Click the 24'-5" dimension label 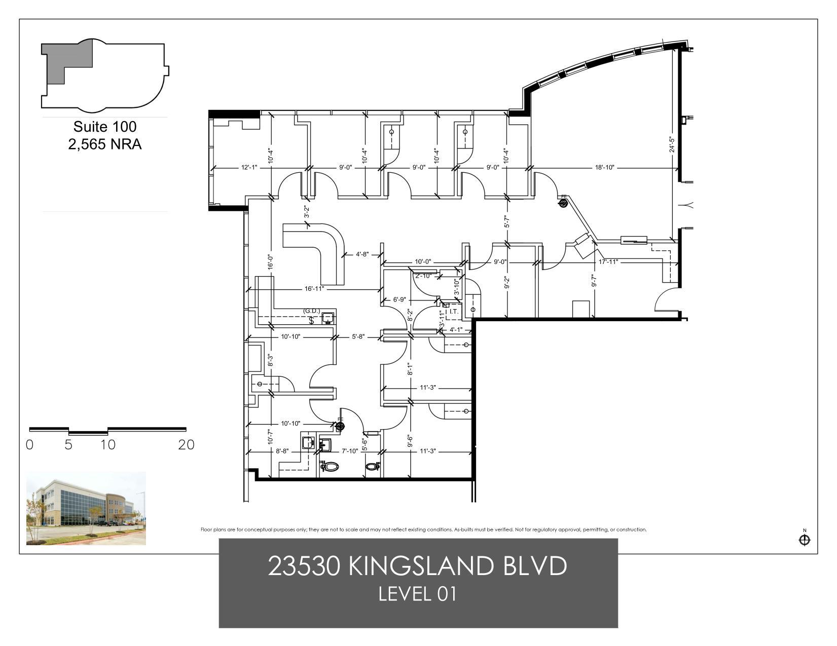pyautogui.click(x=672, y=144)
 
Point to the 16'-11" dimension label pyautogui.click(x=314, y=289)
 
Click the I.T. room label pyautogui.click(x=454, y=312)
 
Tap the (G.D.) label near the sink pyautogui.click(x=312, y=311)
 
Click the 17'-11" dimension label pyautogui.click(x=608, y=262)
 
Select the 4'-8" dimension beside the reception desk pyautogui.click(x=362, y=254)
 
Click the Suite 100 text pyautogui.click(x=105, y=126)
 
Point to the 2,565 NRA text pyautogui.click(x=105, y=144)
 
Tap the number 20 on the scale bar pyautogui.click(x=186, y=445)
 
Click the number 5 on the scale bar pyautogui.click(x=68, y=445)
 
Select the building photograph pyautogui.click(x=86, y=508)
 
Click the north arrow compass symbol pyautogui.click(x=804, y=540)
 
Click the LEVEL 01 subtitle pyautogui.click(x=418, y=594)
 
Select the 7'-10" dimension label pyautogui.click(x=350, y=451)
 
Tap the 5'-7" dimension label pyautogui.click(x=506, y=222)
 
